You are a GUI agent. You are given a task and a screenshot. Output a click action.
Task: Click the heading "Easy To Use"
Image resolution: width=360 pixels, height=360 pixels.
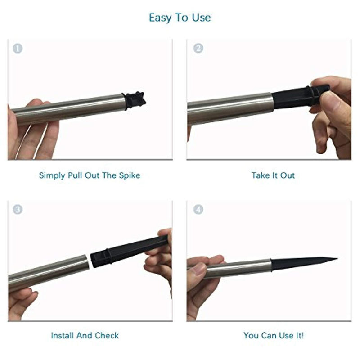pyautogui.click(x=180, y=18)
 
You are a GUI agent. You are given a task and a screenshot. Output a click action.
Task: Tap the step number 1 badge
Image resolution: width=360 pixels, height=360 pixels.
pyautogui.click(x=18, y=49)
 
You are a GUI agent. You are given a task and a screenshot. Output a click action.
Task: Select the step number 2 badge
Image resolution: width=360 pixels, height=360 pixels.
pyautogui.click(x=198, y=48)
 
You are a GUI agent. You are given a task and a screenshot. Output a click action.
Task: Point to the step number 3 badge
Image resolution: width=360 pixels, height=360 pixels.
pyautogui.click(x=18, y=209)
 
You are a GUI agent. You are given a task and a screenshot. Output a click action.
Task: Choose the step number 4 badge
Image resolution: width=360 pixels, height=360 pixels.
pyautogui.click(x=198, y=209)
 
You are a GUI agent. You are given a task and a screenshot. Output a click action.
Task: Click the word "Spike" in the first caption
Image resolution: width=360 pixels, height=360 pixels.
pyautogui.click(x=130, y=175)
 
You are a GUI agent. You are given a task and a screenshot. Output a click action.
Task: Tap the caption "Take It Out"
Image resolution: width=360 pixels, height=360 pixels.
pyautogui.click(x=273, y=175)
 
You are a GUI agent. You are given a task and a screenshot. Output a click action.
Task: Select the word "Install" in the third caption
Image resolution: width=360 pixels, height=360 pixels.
pyautogui.click(x=63, y=335)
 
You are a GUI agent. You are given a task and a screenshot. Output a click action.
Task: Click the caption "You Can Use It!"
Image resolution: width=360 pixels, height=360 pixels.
pyautogui.click(x=274, y=335)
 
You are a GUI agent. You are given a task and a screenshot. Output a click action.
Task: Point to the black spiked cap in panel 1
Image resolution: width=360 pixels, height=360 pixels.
pyautogui.click(x=135, y=100)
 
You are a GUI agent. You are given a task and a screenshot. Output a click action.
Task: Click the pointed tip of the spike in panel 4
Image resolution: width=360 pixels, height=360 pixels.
pyautogui.click(x=337, y=259)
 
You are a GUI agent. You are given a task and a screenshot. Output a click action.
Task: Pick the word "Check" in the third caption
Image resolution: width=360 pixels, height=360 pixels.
pyautogui.click(x=107, y=335)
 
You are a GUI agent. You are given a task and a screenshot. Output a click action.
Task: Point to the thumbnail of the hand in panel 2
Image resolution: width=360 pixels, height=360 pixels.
pyautogui.click(x=331, y=101)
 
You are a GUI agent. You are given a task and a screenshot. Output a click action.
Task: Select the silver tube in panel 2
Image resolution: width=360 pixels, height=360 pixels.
pyautogui.click(x=229, y=109)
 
